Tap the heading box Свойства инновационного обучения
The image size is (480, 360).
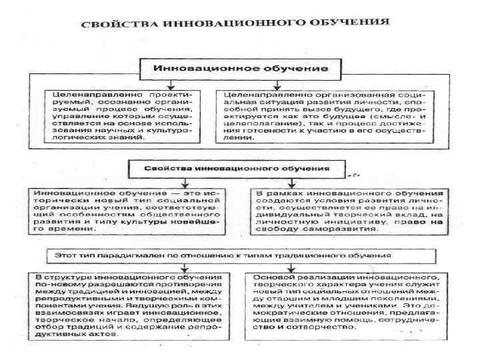coord(238,166)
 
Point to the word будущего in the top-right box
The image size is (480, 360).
coord(374,105)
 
